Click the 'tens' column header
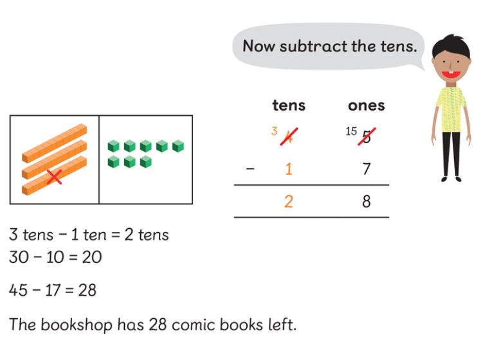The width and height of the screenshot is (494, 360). [289, 105]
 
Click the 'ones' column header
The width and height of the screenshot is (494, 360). [366, 105]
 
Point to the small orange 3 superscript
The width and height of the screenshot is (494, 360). [274, 131]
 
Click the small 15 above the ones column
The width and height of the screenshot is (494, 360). [351, 131]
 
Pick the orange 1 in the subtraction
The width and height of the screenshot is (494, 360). [289, 169]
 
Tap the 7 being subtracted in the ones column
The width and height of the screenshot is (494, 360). [366, 169]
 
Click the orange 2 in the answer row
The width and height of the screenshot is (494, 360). [289, 202]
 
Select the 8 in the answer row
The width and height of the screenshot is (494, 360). [366, 202]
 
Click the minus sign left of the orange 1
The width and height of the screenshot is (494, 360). [250, 169]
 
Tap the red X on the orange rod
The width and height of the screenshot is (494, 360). [55, 175]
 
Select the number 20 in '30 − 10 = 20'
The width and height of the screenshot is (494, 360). [92, 258]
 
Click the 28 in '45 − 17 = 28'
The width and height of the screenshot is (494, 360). [87, 291]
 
